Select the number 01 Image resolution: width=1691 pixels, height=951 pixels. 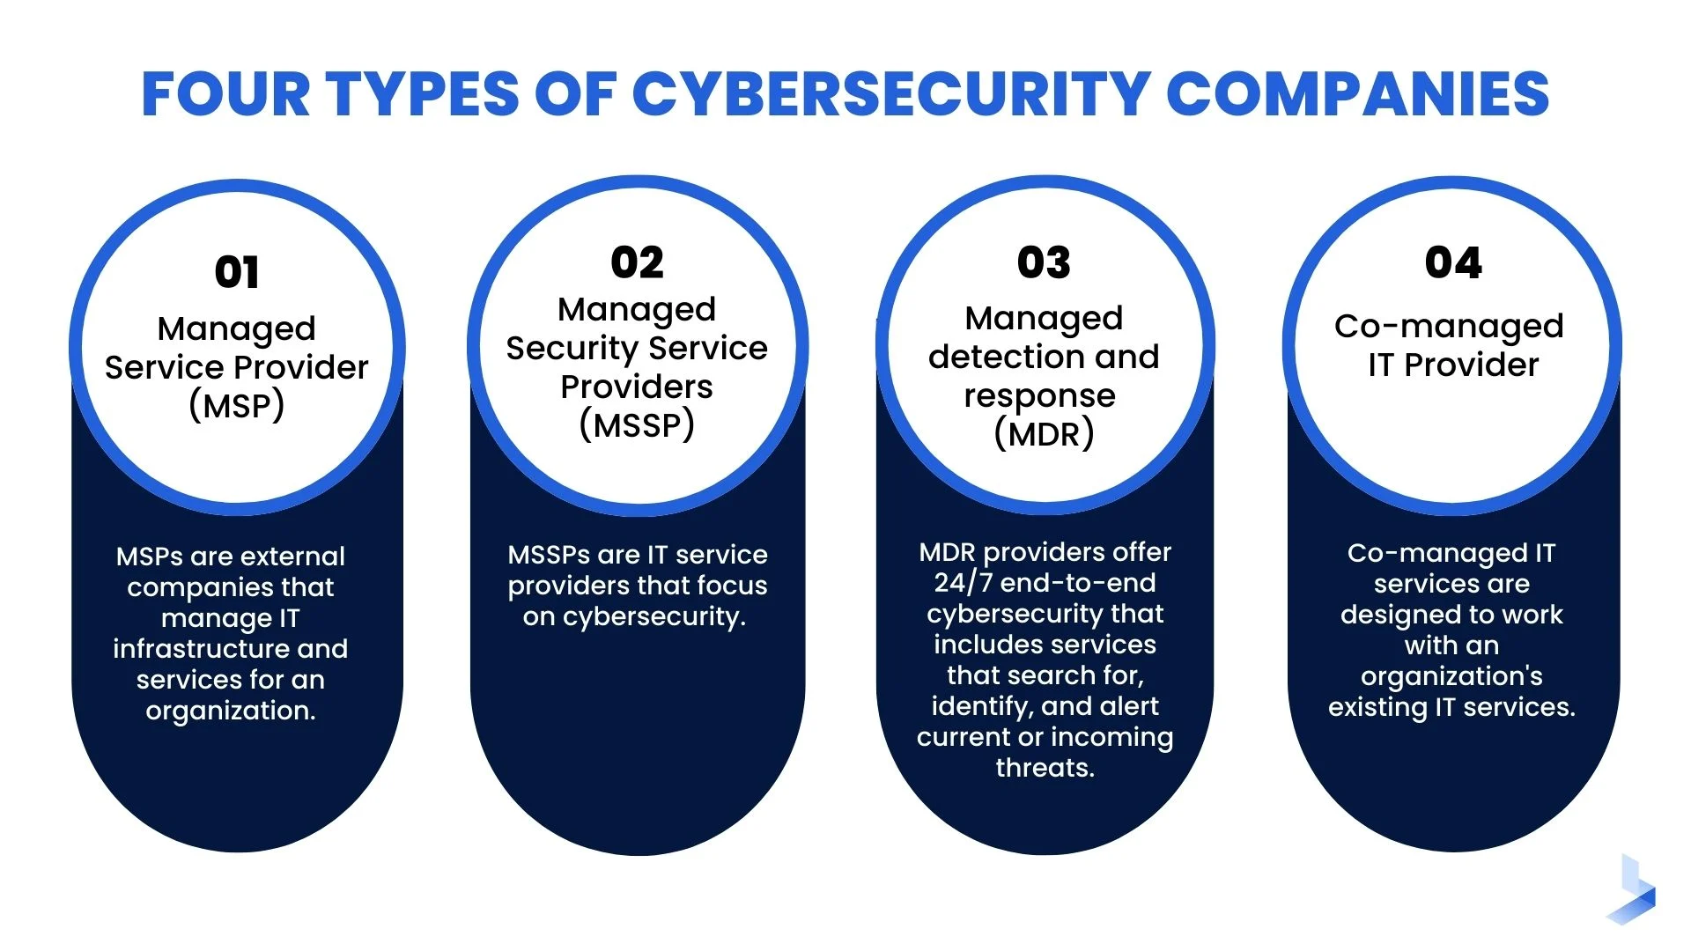237,272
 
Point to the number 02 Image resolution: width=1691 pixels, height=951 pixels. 637,262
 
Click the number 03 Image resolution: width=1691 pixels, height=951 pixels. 1044,262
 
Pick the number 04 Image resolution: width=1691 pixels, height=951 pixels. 1453,262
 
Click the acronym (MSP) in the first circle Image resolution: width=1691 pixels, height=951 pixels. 236,406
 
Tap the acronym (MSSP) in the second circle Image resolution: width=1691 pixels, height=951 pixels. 637,425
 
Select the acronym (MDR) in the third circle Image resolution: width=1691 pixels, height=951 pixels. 1044,434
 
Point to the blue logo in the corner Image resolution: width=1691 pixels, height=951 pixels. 1632,891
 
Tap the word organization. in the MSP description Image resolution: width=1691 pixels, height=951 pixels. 231,711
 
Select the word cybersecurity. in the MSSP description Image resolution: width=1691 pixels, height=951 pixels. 654,616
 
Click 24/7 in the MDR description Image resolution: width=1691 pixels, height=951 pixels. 963,583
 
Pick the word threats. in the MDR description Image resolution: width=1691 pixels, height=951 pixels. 1045,768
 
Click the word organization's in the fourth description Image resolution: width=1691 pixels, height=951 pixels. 1451,676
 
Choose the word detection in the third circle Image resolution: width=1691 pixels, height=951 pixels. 1007,357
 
